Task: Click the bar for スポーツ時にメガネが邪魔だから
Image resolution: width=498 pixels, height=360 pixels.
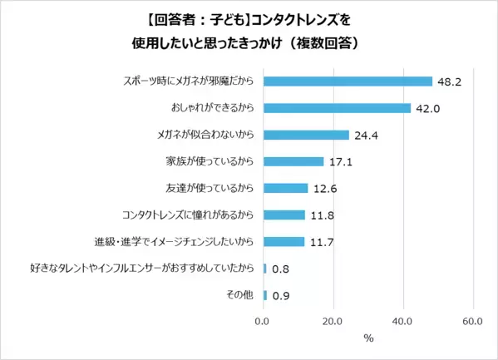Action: tap(348, 81)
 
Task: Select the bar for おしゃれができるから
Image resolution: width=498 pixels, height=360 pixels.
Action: tap(337, 107)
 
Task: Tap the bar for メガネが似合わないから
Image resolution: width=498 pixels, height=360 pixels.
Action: tap(306, 135)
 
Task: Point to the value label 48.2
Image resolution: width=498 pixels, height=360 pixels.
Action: tap(451, 81)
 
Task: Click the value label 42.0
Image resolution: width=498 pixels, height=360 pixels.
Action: tap(429, 107)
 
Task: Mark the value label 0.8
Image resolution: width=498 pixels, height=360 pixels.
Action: tap(282, 268)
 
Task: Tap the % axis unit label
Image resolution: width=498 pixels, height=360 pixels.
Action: tap(368, 339)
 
